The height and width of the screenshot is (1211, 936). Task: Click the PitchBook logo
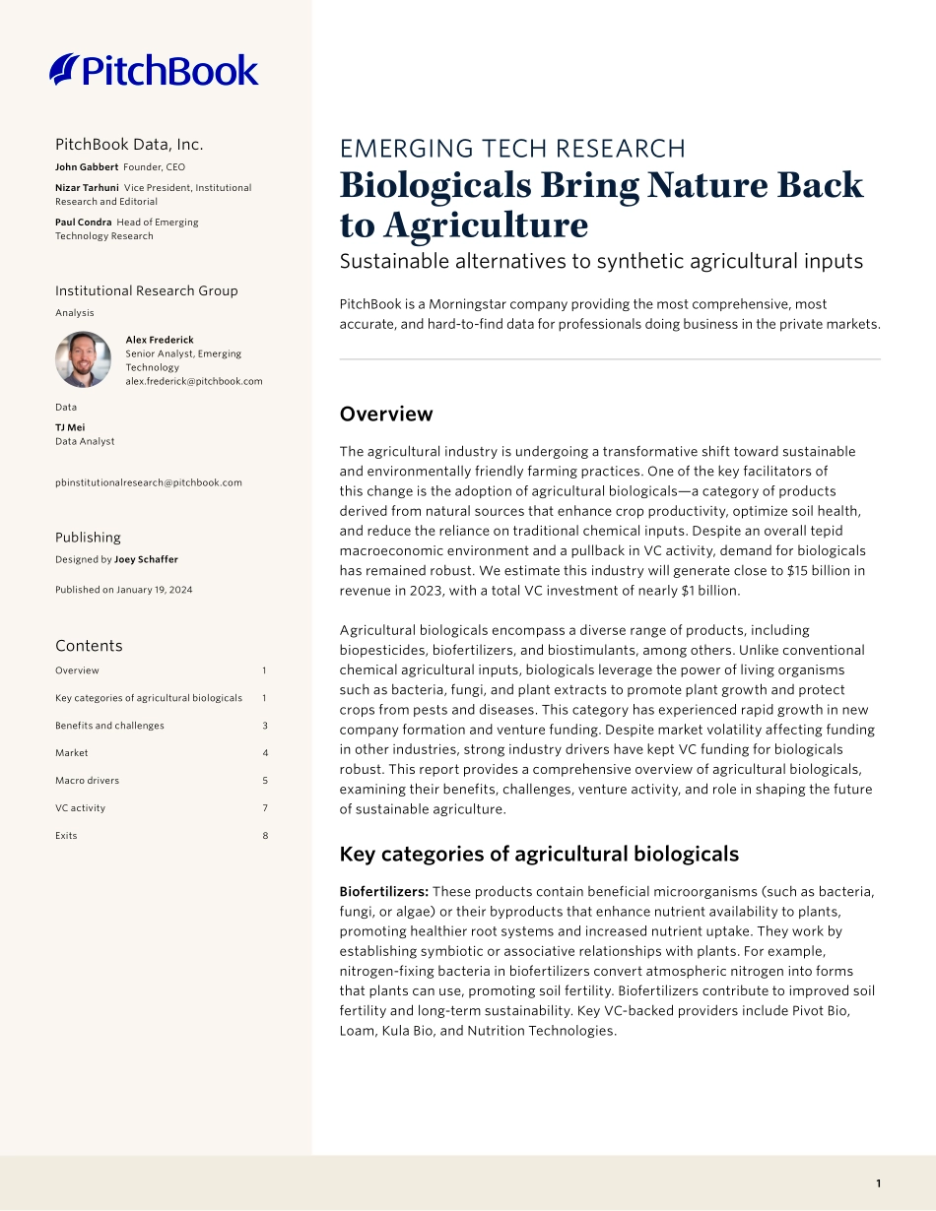pyautogui.click(x=154, y=70)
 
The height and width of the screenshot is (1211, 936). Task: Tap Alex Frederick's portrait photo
pyautogui.click(x=83, y=359)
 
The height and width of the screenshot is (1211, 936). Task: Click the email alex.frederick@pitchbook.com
pyautogui.click(x=194, y=381)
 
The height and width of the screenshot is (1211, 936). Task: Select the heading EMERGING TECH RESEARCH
pyautogui.click(x=512, y=149)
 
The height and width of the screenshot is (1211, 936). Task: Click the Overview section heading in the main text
pyautogui.click(x=386, y=414)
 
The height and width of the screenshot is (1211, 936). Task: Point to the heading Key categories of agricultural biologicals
pyautogui.click(x=539, y=854)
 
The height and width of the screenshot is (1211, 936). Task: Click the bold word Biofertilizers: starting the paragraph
pyautogui.click(x=383, y=891)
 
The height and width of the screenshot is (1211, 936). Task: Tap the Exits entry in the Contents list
pyautogui.click(x=66, y=836)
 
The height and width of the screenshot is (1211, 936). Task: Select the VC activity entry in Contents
pyautogui.click(x=80, y=808)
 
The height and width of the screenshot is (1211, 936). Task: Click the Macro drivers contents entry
pyautogui.click(x=87, y=781)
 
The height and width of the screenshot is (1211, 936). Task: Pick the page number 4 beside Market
pyautogui.click(x=265, y=753)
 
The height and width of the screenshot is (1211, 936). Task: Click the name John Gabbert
pyautogui.click(x=87, y=167)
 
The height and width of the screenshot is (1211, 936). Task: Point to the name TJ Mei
pyautogui.click(x=70, y=427)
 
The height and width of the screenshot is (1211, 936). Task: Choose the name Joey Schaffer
pyautogui.click(x=146, y=560)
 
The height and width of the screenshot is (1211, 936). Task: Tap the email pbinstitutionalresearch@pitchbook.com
pyautogui.click(x=149, y=482)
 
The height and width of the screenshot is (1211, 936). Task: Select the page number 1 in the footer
pyautogui.click(x=878, y=1183)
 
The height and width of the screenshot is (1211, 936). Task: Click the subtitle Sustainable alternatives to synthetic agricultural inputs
pyautogui.click(x=601, y=262)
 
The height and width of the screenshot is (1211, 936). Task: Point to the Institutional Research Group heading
pyautogui.click(x=147, y=290)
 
